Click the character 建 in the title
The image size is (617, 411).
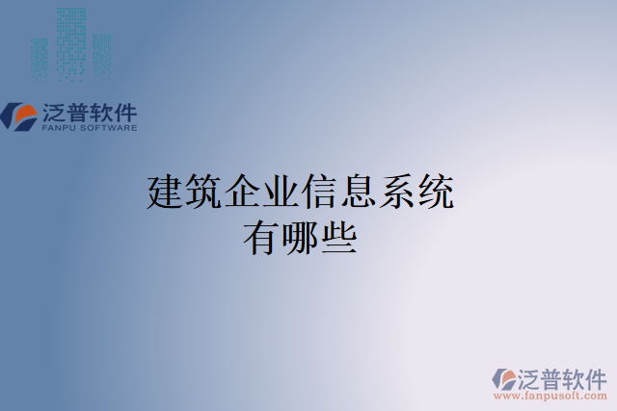[165, 193]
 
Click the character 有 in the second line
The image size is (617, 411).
[261, 237]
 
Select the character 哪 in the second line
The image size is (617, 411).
[300, 237]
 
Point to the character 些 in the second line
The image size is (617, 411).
[338, 237]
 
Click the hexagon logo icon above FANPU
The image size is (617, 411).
[18, 116]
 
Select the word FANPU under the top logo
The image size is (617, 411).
[62, 127]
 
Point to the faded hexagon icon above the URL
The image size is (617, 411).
[505, 377]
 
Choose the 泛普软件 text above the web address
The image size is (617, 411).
[562, 376]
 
